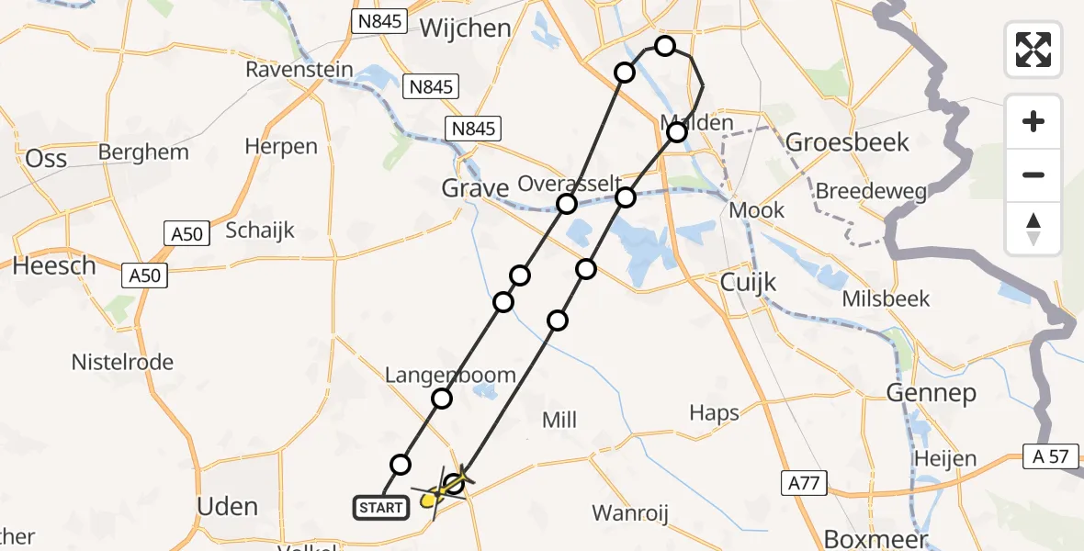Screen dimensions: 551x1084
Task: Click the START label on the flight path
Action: click(379, 506)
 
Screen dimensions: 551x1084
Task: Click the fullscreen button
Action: click(1033, 49)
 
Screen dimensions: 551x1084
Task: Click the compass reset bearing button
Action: click(1033, 229)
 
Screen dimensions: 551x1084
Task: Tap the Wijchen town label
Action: click(465, 28)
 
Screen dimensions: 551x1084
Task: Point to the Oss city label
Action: click(46, 159)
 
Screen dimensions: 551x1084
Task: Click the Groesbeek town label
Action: click(848, 142)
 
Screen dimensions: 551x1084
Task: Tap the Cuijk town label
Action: click(748, 282)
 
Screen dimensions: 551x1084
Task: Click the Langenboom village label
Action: click(450, 375)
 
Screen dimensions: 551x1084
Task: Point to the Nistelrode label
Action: click(122, 363)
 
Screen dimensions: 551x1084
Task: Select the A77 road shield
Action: click(807, 483)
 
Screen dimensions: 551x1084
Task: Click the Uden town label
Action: click(228, 506)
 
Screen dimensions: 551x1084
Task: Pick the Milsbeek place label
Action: click(886, 298)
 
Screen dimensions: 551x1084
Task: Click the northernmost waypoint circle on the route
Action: click(664, 46)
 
